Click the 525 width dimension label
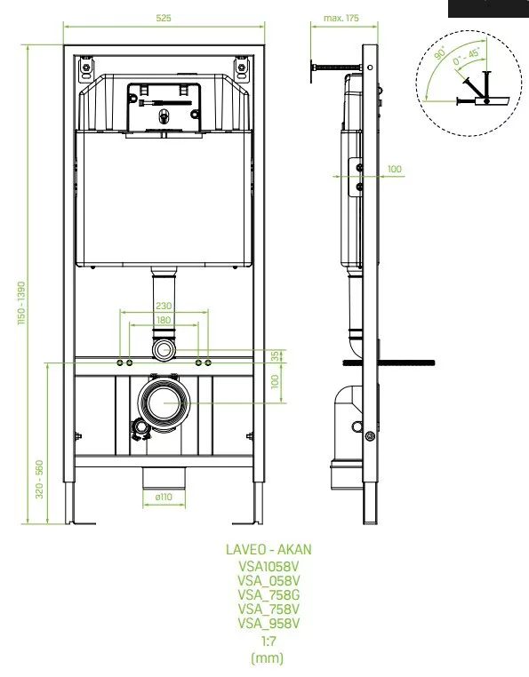click(x=164, y=18)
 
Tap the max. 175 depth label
click(x=341, y=18)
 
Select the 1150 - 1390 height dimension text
click(x=21, y=303)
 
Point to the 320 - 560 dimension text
click(x=39, y=479)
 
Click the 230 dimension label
click(x=164, y=306)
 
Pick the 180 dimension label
click(x=164, y=320)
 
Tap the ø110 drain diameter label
click(x=164, y=497)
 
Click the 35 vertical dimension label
click(x=275, y=356)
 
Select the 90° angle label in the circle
click(x=440, y=52)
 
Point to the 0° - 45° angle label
click(x=467, y=57)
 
